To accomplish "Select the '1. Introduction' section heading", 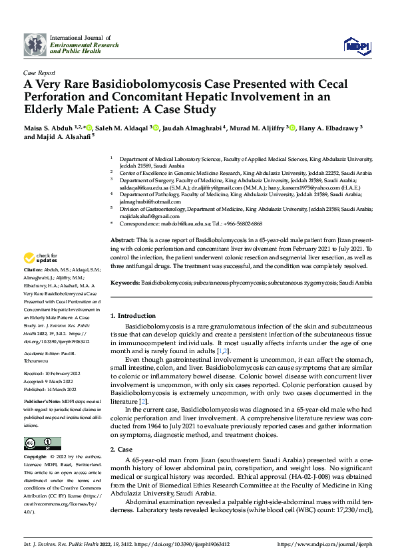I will point(132,315).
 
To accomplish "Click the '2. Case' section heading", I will point(122,450).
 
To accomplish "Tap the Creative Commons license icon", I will point(43,442).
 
